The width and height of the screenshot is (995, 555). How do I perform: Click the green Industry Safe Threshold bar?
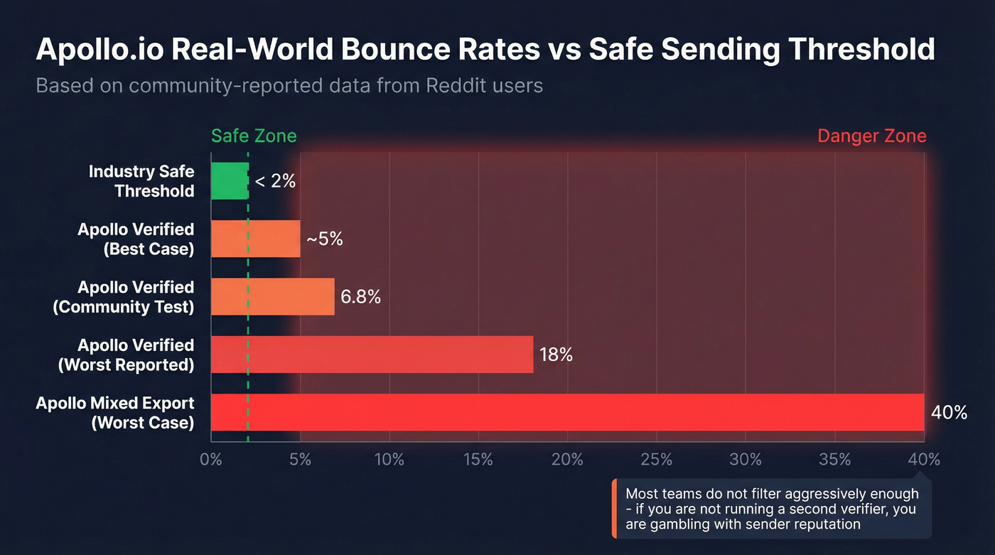coord(230,181)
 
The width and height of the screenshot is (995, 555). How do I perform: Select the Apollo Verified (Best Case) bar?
coord(256,239)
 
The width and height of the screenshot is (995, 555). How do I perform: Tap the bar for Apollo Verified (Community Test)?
coord(273,296)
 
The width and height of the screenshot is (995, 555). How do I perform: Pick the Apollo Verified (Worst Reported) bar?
coord(372,355)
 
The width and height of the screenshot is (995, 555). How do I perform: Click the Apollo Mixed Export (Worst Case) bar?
coord(567,412)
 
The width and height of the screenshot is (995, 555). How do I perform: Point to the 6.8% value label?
coord(360,297)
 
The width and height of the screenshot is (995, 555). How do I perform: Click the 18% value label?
coord(556,355)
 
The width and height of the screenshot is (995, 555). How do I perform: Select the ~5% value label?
coord(325,239)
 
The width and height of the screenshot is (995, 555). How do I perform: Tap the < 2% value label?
coord(274,181)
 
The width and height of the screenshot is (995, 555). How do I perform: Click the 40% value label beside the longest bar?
coord(949,412)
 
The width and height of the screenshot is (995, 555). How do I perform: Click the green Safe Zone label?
coord(254,136)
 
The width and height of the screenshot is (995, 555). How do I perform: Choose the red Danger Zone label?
coord(872,136)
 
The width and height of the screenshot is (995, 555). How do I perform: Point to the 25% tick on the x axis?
coord(656,460)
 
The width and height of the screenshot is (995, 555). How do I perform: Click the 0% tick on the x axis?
coord(211,460)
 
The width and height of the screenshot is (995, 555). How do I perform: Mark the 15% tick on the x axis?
coord(478,460)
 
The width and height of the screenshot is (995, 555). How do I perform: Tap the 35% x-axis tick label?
coord(834,460)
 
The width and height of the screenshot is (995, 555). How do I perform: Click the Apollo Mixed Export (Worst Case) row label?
coord(115,413)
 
